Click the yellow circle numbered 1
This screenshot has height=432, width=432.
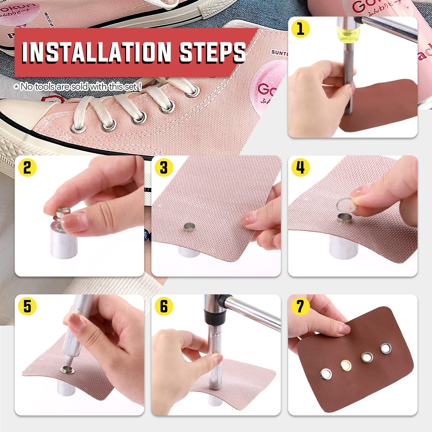(300, 29)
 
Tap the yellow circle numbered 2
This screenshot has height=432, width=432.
(27, 167)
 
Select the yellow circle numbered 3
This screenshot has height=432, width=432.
(164, 167)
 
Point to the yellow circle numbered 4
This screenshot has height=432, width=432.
(300, 167)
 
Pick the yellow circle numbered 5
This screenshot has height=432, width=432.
(27, 306)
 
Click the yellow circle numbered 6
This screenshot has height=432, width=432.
(164, 306)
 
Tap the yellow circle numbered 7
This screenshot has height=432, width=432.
(300, 306)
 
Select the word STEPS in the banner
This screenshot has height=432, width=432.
(212, 52)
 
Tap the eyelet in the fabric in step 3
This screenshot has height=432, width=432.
(189, 228)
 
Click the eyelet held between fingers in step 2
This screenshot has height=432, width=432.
(63, 213)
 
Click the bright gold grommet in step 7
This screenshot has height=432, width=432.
(346, 365)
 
